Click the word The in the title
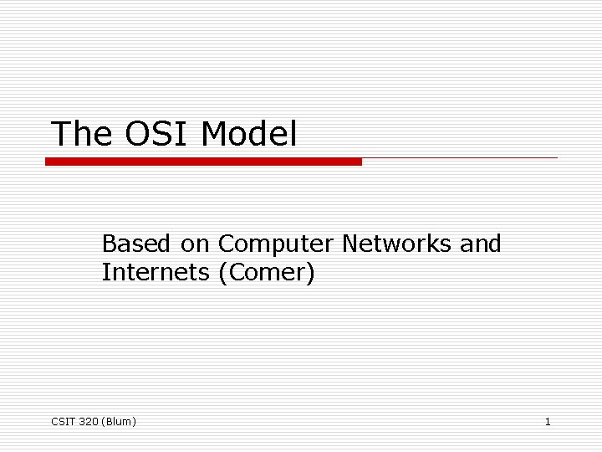(x=81, y=134)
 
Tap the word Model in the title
(x=250, y=134)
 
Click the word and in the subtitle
(x=481, y=244)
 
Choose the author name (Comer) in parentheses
(x=266, y=273)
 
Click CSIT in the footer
(x=63, y=422)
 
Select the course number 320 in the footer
(x=88, y=422)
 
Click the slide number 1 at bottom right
(x=548, y=422)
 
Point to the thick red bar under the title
(x=203, y=162)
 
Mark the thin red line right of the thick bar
(x=460, y=157)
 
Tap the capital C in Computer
(x=227, y=244)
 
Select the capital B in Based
(x=110, y=244)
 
